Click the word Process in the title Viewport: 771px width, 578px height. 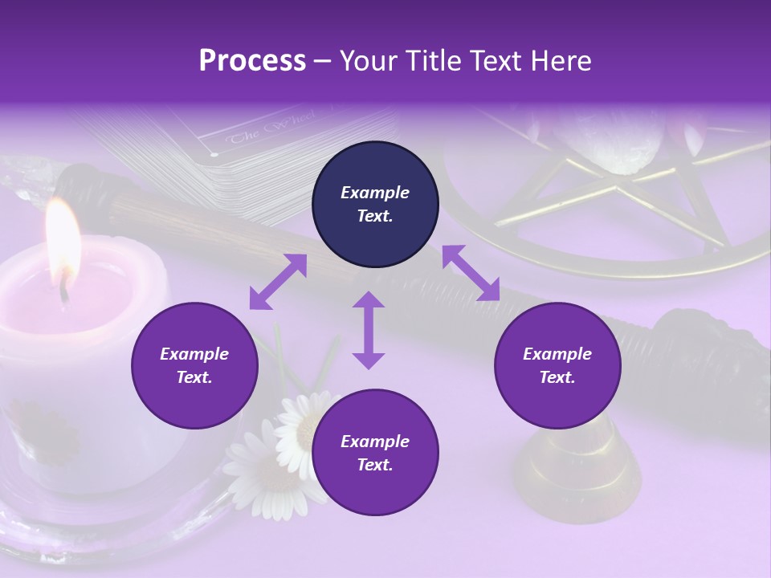coord(252,61)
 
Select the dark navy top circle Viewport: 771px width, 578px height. coord(375,204)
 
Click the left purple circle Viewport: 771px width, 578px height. coord(194,365)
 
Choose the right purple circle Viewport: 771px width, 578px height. coord(557,365)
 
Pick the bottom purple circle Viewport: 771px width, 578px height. coord(375,453)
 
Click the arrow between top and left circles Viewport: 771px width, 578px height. coord(278,282)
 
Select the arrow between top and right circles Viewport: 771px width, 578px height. coord(471,273)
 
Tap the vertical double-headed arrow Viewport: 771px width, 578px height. coord(369,330)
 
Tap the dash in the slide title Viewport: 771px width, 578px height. coord(323,62)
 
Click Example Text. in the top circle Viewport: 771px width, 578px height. coord(375,204)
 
